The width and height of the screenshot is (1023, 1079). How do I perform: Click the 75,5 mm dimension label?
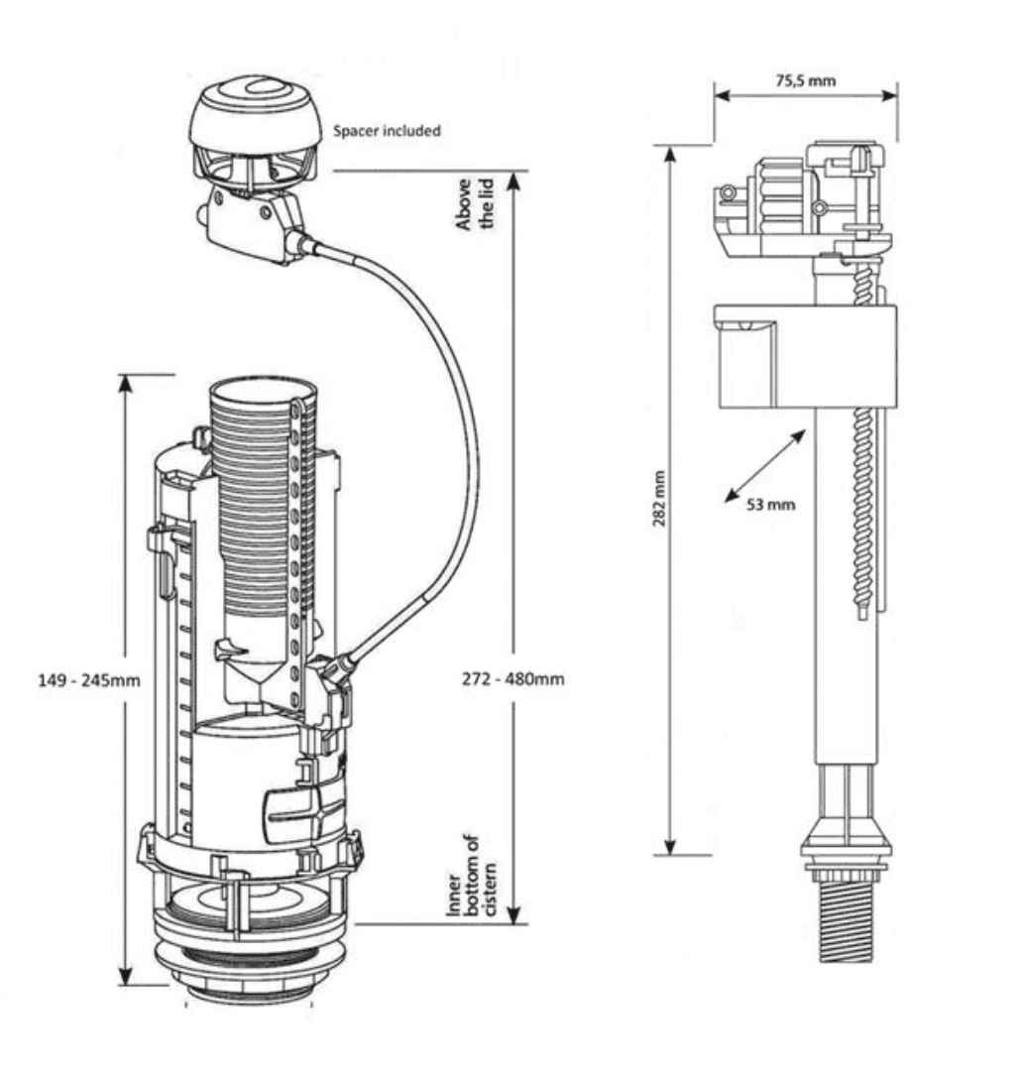click(805, 80)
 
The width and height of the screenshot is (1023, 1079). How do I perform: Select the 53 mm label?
click(770, 504)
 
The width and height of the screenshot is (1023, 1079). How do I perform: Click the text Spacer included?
click(387, 130)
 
